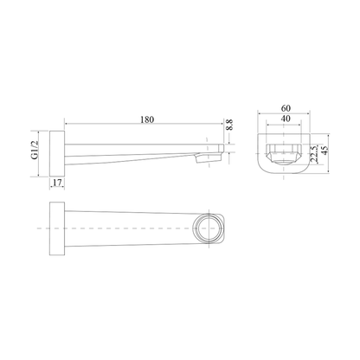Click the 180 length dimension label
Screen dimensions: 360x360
(x=147, y=119)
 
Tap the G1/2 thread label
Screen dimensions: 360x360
(x=35, y=150)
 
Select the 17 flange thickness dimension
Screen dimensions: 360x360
(x=57, y=183)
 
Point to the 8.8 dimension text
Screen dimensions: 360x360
(x=229, y=125)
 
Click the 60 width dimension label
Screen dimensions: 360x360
(x=286, y=108)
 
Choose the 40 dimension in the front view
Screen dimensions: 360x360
(x=285, y=119)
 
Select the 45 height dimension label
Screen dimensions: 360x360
(x=325, y=150)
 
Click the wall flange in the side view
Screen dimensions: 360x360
(x=57, y=153)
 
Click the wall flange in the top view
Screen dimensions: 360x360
(x=57, y=228)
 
